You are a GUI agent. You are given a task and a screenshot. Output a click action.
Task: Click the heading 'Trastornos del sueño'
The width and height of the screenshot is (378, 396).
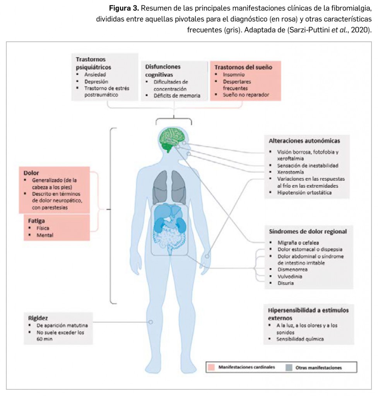click(x=243, y=67)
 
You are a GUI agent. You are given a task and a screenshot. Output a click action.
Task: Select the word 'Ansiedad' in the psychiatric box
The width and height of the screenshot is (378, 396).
click(x=95, y=74)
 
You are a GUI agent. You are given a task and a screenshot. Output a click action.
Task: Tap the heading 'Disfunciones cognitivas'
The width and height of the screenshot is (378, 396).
click(x=162, y=70)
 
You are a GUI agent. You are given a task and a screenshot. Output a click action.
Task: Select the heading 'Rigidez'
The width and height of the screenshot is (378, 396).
click(x=38, y=318)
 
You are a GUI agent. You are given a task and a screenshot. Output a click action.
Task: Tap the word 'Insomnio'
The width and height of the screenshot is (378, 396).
click(x=233, y=75)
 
